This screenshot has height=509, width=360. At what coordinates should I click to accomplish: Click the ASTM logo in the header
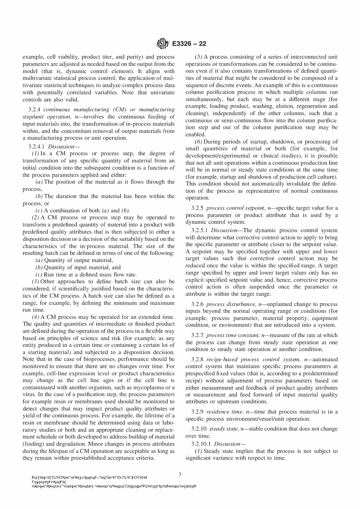(162, 44)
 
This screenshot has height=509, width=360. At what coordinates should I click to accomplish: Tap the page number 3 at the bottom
(180, 474)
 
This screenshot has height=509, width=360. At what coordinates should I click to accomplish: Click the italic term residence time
(225, 412)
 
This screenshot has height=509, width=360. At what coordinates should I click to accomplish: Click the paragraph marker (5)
(199, 57)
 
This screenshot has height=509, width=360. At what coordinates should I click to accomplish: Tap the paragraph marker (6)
(199, 142)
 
